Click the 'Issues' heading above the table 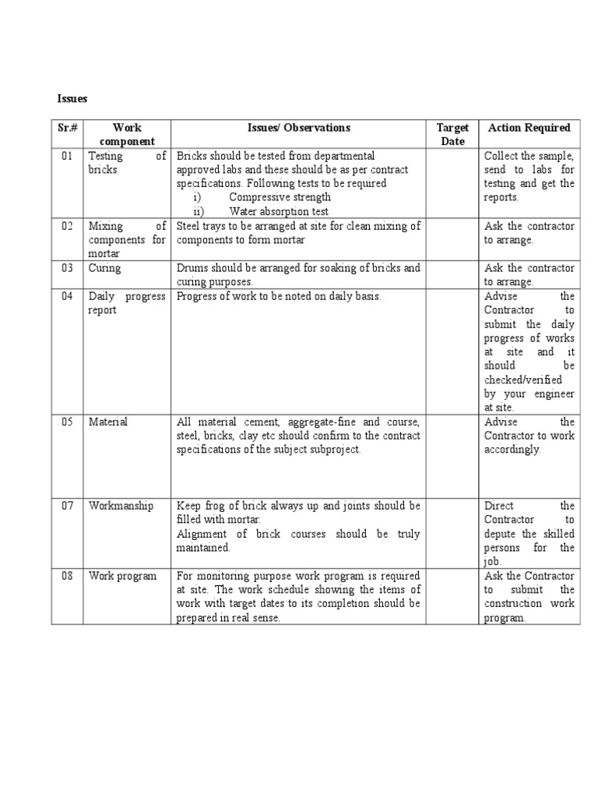(72, 99)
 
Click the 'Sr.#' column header (67, 128)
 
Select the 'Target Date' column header (452, 134)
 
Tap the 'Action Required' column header (529, 128)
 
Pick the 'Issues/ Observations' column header (299, 128)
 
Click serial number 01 (67, 156)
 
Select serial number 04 (67, 296)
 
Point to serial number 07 (67, 506)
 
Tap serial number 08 (67, 576)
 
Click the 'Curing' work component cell (105, 268)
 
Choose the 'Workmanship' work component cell (121, 506)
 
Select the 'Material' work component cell (108, 422)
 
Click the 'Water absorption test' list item (279, 212)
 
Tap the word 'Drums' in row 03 (192, 268)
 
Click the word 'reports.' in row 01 (501, 198)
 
